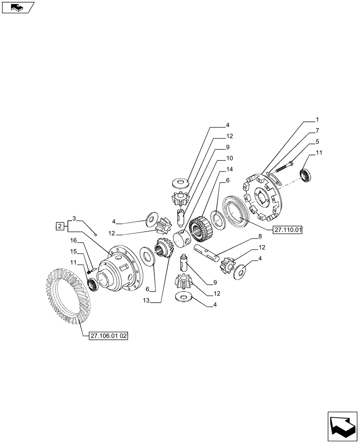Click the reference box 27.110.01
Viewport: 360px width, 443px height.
tap(288, 230)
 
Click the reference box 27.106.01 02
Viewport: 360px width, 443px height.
tap(108, 336)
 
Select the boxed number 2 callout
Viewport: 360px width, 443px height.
tap(59, 227)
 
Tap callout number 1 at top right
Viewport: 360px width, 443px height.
tap(317, 120)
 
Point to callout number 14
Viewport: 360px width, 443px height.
tap(229, 169)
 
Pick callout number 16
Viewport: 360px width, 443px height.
tap(74, 240)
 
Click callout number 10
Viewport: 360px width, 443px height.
tap(229, 158)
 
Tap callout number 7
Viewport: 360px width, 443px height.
tap(317, 131)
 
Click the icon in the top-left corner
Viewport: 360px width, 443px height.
tap(17, 7)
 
